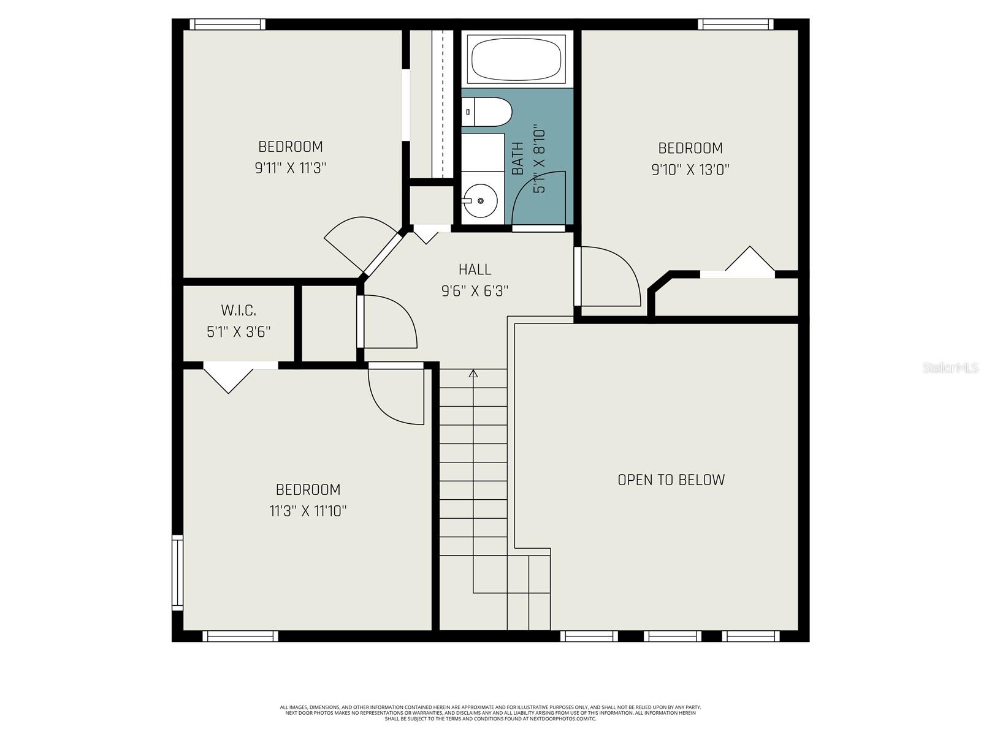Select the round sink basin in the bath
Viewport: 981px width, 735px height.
[x=481, y=200]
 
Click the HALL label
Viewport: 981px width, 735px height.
[x=475, y=269]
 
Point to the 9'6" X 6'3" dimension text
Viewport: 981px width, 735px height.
[x=475, y=290]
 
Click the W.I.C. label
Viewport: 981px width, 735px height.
[x=239, y=311]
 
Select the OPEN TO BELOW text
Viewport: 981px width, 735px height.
[x=671, y=480]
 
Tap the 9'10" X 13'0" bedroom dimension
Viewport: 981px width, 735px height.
[x=690, y=169]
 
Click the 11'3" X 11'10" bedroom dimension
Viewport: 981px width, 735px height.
[x=308, y=511]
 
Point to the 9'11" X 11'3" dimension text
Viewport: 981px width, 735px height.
[x=290, y=168]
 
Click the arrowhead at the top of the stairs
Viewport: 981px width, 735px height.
[x=473, y=372]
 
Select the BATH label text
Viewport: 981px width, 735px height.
[x=518, y=159]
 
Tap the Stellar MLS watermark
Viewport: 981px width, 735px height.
[x=950, y=368]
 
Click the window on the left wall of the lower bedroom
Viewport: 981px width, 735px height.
[x=177, y=572]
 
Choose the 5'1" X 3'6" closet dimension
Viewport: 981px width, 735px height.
[x=239, y=332]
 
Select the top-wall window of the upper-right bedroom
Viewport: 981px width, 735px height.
[x=735, y=24]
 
